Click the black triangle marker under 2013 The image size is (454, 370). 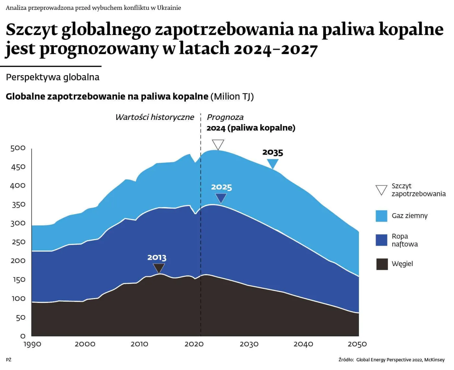[159, 268]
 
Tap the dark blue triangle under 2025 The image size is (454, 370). [221, 198]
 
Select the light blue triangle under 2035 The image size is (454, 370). [273, 163]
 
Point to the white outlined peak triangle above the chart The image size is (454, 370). [218, 144]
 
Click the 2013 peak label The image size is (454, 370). [157, 258]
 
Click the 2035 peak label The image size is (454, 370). [273, 153]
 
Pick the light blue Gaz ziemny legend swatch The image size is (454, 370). [381, 216]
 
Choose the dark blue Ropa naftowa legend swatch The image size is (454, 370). [381, 240]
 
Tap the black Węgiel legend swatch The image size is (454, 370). [382, 264]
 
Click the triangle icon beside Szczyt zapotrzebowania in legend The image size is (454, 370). [381, 190]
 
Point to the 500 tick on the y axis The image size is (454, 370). [18, 148]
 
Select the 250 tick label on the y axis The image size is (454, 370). [18, 242]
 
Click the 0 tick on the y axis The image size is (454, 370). [23, 336]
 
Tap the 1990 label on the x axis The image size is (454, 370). [32, 344]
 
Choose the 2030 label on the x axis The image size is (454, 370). [249, 344]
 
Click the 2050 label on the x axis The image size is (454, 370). [357, 344]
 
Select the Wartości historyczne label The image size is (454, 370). [155, 117]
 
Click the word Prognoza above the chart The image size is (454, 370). [225, 117]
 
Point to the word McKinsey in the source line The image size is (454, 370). [434, 360]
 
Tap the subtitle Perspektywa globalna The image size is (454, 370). [53, 77]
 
